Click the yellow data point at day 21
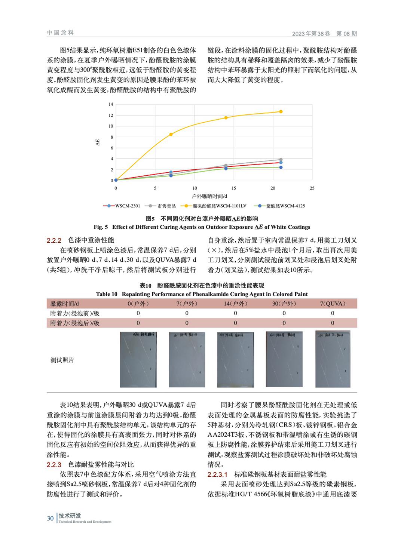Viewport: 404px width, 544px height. tap(281, 111)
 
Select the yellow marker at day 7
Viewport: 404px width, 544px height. tap(171, 134)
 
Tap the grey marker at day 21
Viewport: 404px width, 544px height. tap(281, 160)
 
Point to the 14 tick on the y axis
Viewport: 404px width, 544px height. tap(110, 104)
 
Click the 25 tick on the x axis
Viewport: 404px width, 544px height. tap(312, 188)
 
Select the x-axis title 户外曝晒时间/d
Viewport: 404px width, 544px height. tap(210, 196)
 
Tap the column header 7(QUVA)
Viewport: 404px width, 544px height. tap(332, 304)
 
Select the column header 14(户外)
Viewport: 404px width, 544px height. tap(235, 304)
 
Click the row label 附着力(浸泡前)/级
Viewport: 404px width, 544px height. tap(75, 313)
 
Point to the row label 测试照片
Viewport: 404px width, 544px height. tap(62, 360)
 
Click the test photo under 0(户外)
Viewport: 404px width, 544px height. tap(138, 359)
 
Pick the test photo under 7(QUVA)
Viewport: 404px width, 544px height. tap(333, 359)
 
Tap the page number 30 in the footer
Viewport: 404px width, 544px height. tap(50, 518)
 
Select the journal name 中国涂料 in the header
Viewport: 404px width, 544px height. tap(61, 33)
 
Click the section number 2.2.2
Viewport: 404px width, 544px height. tap(54, 240)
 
